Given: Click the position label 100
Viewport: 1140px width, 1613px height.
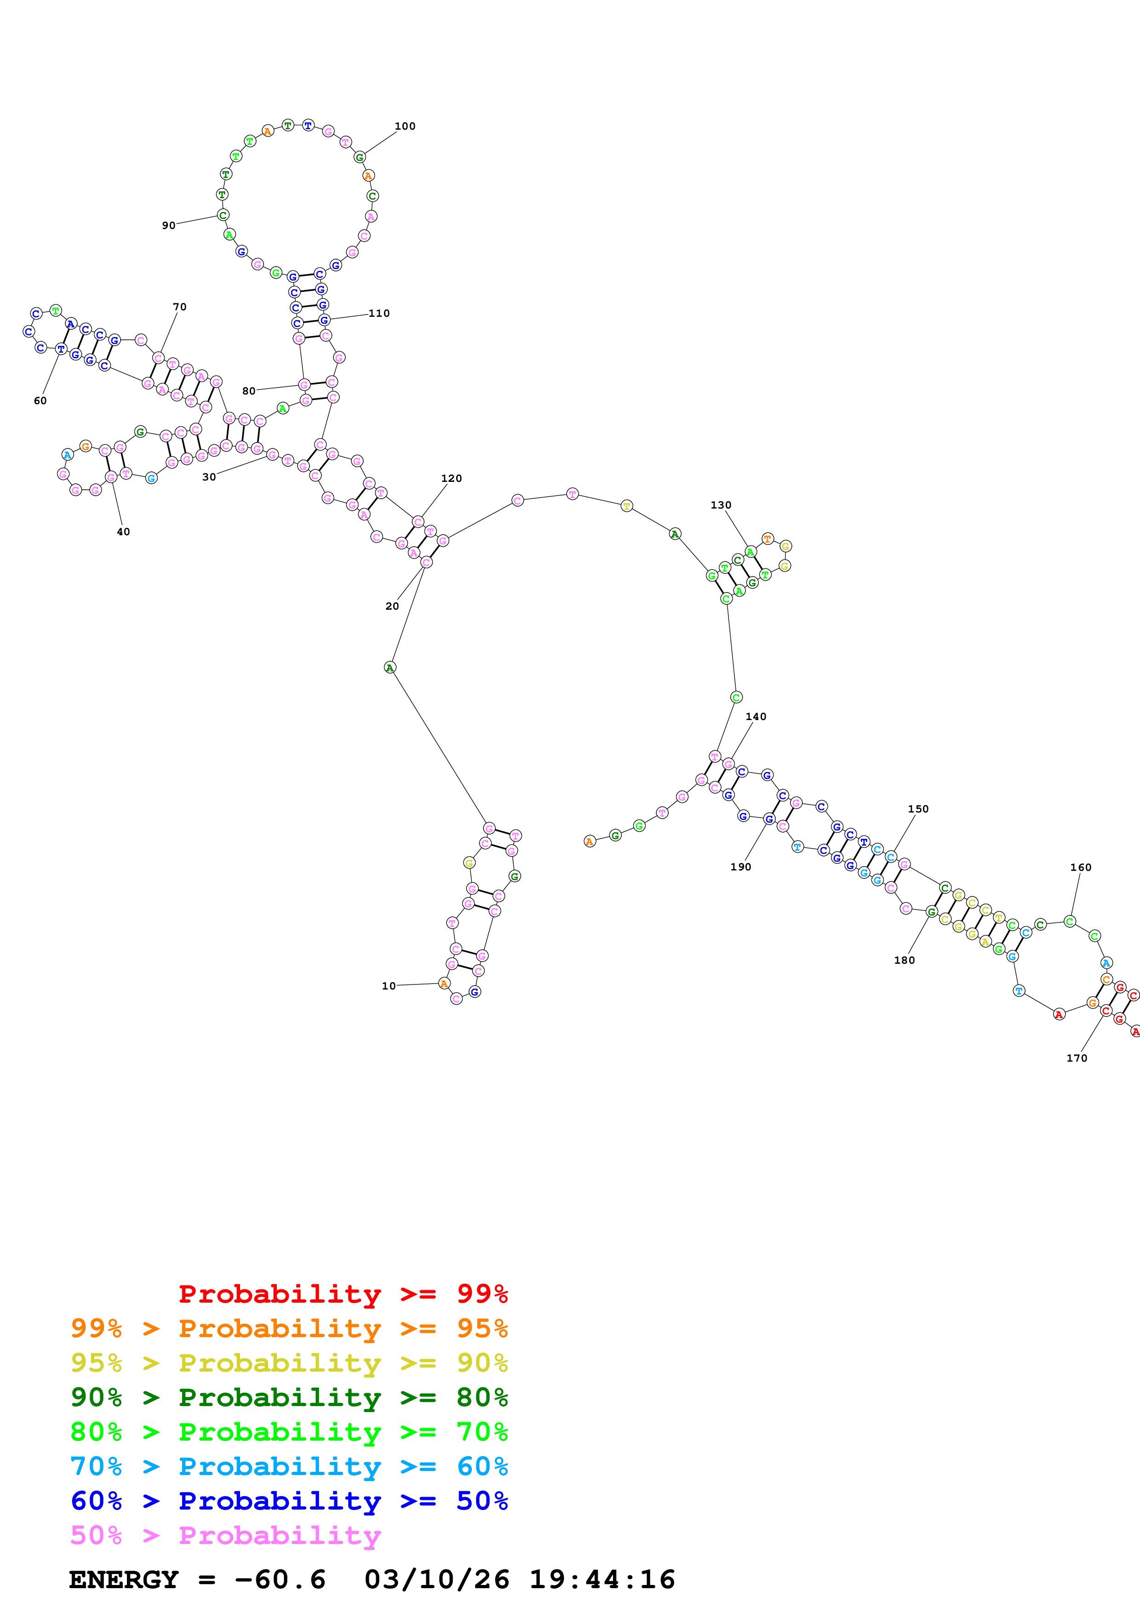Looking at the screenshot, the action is coord(405,126).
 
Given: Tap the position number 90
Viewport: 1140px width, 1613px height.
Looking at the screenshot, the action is coord(169,225).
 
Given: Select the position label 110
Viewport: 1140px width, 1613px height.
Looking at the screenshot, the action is coord(379,313).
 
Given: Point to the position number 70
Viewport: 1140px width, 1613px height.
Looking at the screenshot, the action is coord(180,307).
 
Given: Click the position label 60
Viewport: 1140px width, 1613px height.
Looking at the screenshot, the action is coord(40,401).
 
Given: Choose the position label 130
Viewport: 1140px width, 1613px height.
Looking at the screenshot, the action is coord(721,505).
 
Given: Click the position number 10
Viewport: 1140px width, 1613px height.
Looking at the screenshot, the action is coord(389,986).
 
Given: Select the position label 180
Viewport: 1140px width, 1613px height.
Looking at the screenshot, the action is coord(904,961).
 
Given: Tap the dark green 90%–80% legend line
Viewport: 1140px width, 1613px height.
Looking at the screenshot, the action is coord(289,1397).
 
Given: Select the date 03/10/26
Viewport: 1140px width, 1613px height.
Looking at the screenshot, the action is coord(437,1580).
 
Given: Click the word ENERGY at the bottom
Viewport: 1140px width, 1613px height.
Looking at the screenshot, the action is coord(124,1580).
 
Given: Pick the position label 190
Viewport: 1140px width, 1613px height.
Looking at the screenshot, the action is coord(740,867).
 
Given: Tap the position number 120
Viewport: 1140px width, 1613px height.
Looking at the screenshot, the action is coord(451,478).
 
